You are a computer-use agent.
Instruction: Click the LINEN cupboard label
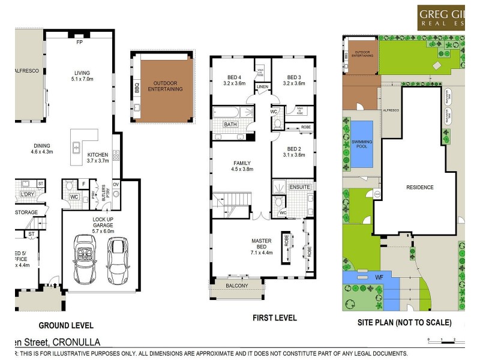click(263, 87)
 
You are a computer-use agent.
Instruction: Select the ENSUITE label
click(299, 187)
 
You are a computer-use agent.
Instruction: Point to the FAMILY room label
click(241, 163)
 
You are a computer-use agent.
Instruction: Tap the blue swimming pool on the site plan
click(361, 145)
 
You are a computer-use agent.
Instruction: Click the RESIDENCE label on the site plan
click(419, 187)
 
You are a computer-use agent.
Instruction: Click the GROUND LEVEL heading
click(66, 326)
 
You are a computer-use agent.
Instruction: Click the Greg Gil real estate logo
click(448, 17)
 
